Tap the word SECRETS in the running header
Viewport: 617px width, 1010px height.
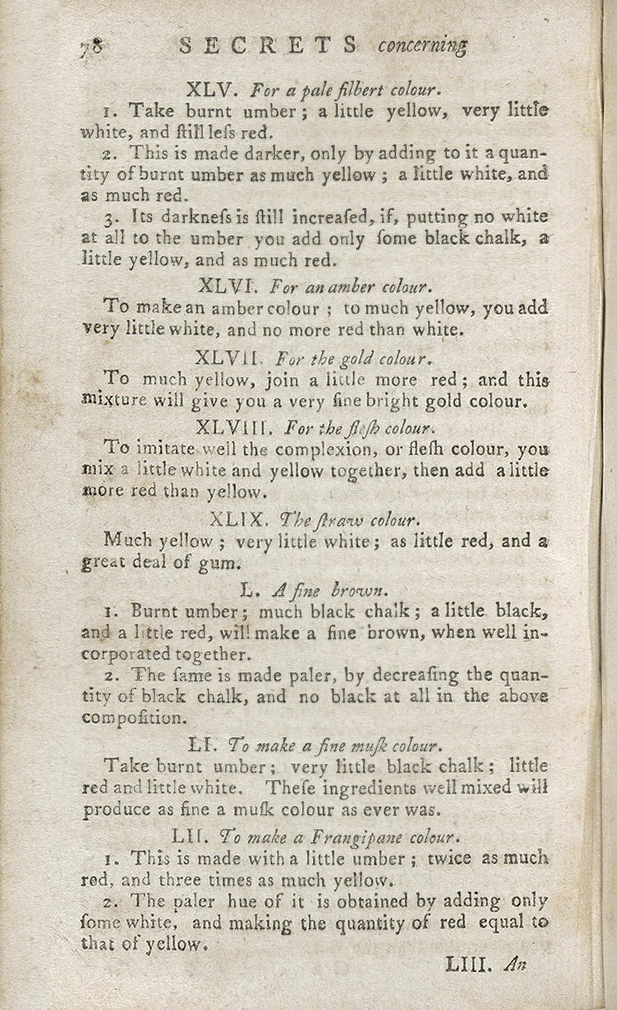pos(268,46)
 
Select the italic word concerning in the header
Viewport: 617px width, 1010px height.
pos(423,47)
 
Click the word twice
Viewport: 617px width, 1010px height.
pos(449,858)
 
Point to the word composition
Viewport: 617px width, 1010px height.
pos(134,718)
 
